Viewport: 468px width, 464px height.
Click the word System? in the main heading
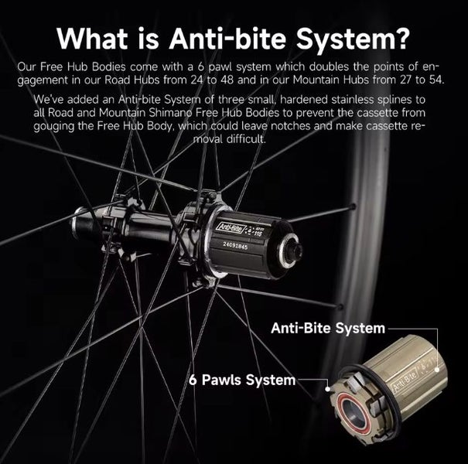coord(352,39)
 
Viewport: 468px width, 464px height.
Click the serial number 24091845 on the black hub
coord(236,246)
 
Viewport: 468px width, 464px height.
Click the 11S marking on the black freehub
coord(258,234)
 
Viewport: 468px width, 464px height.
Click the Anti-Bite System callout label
coord(328,328)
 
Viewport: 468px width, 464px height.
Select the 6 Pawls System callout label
coord(242,380)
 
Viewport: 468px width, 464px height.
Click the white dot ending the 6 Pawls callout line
coord(328,389)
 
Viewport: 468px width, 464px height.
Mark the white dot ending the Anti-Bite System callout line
coord(437,370)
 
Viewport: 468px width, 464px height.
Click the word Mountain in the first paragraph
coord(314,80)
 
